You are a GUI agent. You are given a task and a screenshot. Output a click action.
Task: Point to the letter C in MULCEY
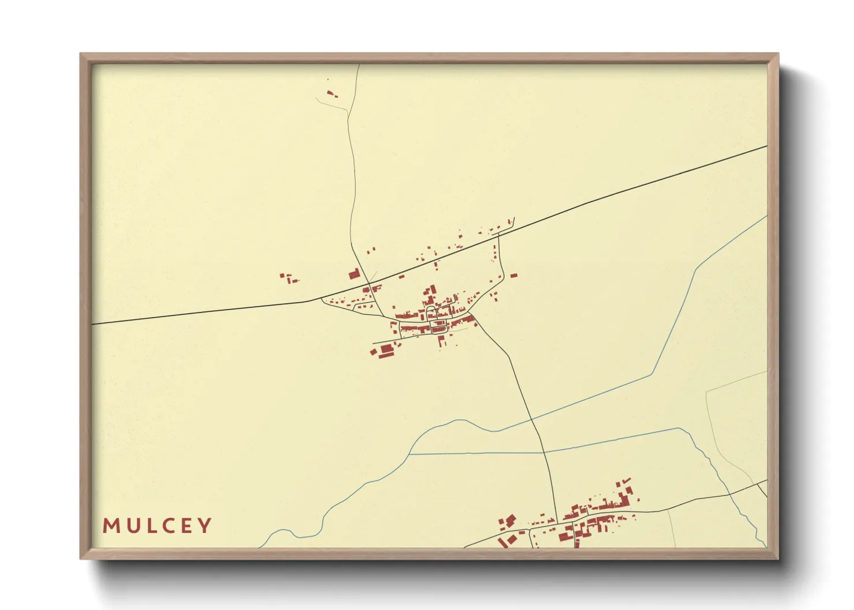coord(167,526)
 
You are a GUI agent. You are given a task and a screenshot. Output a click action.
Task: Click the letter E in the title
coord(186,526)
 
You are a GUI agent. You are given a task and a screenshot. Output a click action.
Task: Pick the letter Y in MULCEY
coord(205,526)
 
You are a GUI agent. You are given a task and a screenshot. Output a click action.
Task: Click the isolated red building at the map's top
coord(331,93)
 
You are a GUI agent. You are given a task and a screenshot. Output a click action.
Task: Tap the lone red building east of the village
coord(514,276)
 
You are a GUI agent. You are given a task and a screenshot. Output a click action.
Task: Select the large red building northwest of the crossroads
coord(354,273)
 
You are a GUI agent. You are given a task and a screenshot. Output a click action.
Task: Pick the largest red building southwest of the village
coord(385,348)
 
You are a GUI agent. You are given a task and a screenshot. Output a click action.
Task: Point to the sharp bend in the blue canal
coord(696,269)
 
